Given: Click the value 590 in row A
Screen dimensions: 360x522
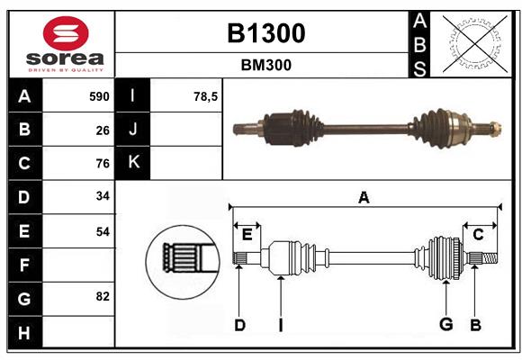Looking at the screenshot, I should [x=98, y=96].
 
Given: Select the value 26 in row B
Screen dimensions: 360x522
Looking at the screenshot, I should [x=102, y=130].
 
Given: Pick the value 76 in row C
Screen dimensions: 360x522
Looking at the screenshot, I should [x=102, y=164].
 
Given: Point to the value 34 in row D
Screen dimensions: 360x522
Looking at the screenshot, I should [x=102, y=197].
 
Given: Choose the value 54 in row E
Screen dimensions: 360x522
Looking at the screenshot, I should [x=102, y=231].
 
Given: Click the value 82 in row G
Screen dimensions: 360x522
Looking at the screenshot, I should [x=102, y=296].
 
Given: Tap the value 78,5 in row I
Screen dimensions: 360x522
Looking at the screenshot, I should [x=206, y=96].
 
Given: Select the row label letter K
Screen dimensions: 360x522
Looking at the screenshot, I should [x=134, y=163].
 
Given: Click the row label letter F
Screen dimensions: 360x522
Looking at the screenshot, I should [x=24, y=265].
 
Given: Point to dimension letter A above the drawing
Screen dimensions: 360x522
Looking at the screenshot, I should [x=364, y=197].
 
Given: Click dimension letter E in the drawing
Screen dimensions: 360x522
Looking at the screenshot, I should [x=247, y=235].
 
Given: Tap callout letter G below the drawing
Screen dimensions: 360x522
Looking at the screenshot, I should [x=445, y=325].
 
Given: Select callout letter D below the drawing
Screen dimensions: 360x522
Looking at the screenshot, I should [x=239, y=325].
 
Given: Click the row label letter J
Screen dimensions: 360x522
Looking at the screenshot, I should [x=134, y=130].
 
